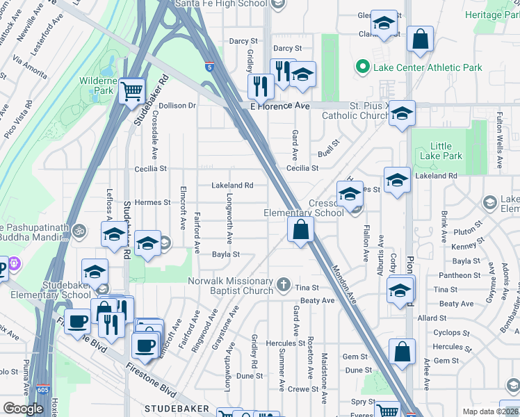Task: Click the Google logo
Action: tap(23, 408)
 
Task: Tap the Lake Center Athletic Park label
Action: tap(428, 67)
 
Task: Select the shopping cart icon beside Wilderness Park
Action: tap(131, 91)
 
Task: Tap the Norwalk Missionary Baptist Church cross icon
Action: tap(283, 284)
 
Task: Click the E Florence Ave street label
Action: tap(279, 106)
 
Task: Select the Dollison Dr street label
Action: tap(177, 106)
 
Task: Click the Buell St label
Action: tap(329, 147)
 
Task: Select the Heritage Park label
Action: tap(493, 15)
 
